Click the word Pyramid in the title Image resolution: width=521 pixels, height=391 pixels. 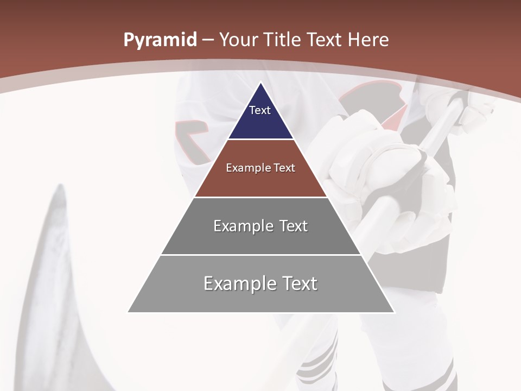click(x=160, y=40)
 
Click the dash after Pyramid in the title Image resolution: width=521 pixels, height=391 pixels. click(x=208, y=40)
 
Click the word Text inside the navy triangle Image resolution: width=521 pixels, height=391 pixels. click(x=260, y=110)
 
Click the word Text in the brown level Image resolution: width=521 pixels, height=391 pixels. click(x=284, y=168)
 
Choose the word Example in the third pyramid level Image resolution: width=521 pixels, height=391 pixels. click(x=242, y=226)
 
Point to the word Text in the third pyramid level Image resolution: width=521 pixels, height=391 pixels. click(x=293, y=226)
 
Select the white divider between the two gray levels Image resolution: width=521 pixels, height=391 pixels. click(x=260, y=255)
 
